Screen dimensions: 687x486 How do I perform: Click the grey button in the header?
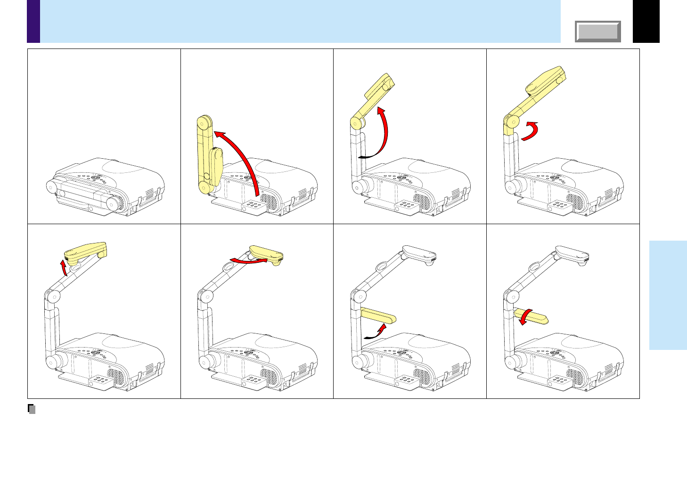[x=597, y=32]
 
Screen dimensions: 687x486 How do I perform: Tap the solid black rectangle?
[x=646, y=21]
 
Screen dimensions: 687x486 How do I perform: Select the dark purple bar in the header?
[x=33, y=21]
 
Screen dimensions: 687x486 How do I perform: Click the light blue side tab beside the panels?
[x=668, y=295]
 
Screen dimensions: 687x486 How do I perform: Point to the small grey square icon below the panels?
[x=32, y=409]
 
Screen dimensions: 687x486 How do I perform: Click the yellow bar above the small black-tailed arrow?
[x=378, y=315]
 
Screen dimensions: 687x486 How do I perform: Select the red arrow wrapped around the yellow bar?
[x=524, y=316]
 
